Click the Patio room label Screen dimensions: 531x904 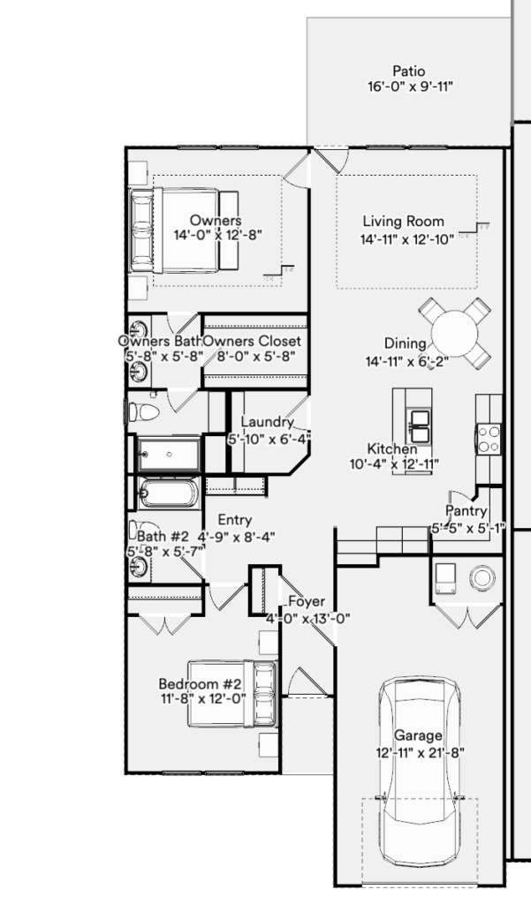point(409,72)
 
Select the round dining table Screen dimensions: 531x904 point(455,334)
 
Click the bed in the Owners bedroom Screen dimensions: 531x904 point(185,230)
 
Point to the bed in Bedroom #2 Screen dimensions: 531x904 point(231,694)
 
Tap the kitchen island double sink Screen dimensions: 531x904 point(419,426)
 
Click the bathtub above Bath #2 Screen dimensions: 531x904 point(169,493)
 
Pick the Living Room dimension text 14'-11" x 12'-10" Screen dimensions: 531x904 point(407,240)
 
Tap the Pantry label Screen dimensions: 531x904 point(467,511)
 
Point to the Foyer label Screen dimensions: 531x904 point(307,602)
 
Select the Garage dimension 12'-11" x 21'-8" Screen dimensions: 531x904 point(421,752)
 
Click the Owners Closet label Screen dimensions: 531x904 point(252,342)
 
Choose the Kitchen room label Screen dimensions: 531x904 point(392,449)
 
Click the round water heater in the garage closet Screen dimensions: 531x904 point(482,577)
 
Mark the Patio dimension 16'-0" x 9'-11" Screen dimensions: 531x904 point(410,87)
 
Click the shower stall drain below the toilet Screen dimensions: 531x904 point(169,455)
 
